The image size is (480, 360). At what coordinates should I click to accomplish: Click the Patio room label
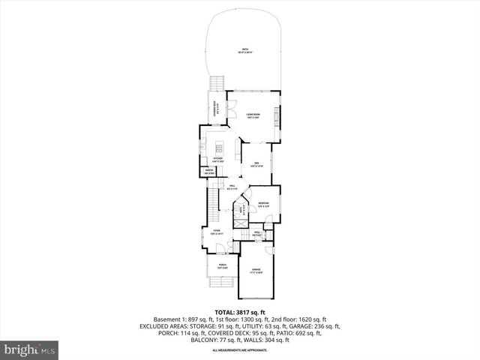pos(245,51)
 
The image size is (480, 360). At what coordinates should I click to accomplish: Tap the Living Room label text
pos(253,115)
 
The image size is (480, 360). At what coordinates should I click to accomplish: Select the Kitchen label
pos(218,159)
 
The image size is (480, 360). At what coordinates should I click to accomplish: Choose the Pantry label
pos(211,172)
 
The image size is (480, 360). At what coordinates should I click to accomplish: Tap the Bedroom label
pos(263,205)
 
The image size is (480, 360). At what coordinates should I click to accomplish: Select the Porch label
pos(223,265)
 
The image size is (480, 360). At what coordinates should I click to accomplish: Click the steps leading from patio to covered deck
pos(218,82)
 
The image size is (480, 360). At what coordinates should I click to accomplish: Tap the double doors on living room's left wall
pos(228,104)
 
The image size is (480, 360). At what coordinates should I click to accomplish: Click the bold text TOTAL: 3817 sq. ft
pos(240,313)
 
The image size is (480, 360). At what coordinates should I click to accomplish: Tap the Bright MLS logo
pos(30,349)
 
